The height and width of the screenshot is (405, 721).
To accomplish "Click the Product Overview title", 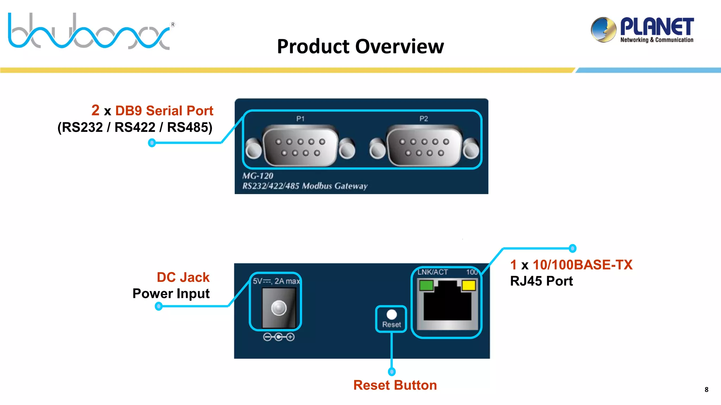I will pos(360,46).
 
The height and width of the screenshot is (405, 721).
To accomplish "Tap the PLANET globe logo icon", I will pos(603,30).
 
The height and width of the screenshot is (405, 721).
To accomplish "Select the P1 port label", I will pos(300,119).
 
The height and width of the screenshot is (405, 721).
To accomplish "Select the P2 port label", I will pos(424,119).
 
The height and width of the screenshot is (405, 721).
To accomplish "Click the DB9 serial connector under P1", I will pos(300,147).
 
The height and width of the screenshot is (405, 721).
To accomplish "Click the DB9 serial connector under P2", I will pos(424,147).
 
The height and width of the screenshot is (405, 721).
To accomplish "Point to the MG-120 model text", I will pos(258,176).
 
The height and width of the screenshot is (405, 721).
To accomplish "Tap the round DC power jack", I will pos(279,308).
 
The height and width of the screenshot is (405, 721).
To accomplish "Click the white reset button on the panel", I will pos(391,314).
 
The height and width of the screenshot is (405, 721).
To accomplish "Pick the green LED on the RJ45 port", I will pos(426,285).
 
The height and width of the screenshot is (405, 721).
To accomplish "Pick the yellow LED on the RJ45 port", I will pos(469,285).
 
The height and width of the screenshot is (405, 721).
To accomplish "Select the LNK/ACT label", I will pos(433,272).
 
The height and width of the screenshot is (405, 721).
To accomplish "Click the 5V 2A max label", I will pos(276,281).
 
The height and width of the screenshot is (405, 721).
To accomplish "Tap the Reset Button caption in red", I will pos(395,385).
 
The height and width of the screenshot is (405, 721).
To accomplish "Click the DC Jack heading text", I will pos(183,277).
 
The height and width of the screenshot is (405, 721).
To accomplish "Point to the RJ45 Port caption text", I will pos(541,281).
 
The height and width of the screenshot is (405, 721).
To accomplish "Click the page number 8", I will pos(706,390).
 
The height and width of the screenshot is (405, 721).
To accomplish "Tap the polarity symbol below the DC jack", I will pos(278,337).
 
